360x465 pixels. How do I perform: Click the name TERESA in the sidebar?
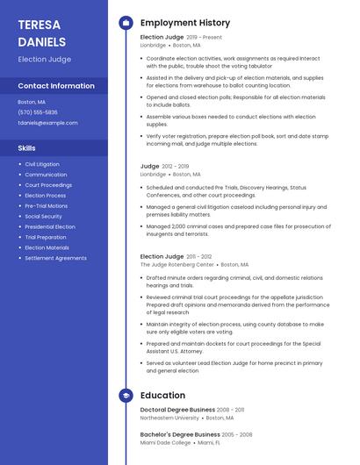[40, 24]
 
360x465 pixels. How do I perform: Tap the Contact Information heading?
[56, 86]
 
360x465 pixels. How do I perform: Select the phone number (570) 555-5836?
[38, 112]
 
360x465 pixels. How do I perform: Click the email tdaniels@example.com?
[47, 123]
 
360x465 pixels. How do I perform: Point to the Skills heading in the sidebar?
[27, 148]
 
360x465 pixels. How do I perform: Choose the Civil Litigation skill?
[42, 164]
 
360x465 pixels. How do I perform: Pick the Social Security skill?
[43, 216]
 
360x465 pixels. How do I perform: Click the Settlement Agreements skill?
[55, 258]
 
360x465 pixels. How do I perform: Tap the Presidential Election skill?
[50, 226]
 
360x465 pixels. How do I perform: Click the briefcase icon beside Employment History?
[126, 23]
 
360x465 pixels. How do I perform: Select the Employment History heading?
[185, 23]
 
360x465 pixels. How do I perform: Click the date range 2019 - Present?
[204, 38]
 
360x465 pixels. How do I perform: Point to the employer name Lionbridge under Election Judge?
[153, 45]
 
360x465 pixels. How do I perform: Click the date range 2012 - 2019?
[176, 166]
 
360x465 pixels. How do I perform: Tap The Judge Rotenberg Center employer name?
[176, 264]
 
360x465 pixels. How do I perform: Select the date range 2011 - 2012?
[198, 256]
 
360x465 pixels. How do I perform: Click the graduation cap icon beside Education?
[126, 396]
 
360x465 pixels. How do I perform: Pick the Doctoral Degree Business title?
[177, 410]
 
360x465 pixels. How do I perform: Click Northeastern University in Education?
[169, 418]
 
